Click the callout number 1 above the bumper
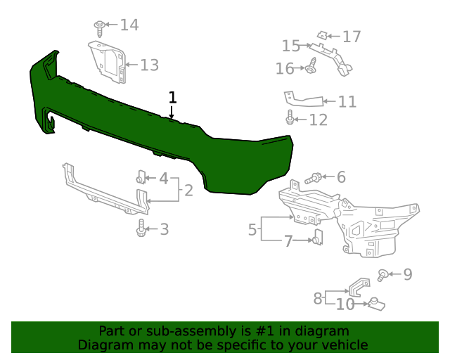tap(172, 97)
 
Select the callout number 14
tap(129, 25)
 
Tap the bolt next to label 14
tap(99, 27)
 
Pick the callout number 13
tap(149, 65)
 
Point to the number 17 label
tap(351, 36)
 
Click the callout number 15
tap(291, 46)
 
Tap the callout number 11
tap(347, 102)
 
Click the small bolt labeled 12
tap(290, 119)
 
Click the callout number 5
tap(252, 229)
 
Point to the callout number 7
tap(288, 241)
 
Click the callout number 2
tap(188, 190)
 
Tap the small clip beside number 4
tap(141, 176)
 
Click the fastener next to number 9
tap(383, 274)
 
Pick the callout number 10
tap(345, 304)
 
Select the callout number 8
tap(318, 297)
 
